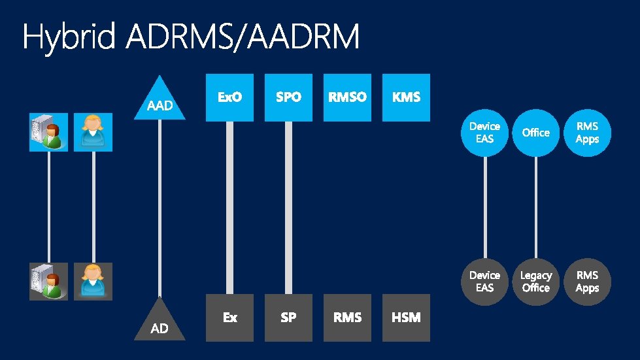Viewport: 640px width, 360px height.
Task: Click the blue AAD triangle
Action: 160,102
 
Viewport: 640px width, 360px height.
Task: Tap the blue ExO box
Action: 229,97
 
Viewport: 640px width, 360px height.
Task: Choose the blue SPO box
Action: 288,97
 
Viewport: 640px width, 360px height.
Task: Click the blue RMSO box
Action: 347,97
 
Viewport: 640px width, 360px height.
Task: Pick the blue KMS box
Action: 406,97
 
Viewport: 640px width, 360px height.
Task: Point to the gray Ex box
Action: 229,318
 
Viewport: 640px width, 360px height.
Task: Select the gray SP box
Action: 288,318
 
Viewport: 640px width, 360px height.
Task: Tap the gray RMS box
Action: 347,318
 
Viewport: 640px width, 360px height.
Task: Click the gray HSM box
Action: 406,318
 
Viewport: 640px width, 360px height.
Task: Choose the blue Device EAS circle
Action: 484,133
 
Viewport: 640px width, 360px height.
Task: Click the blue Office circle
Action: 536,133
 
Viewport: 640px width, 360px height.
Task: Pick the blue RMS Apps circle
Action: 587,133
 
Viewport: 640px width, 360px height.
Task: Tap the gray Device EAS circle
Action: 484,282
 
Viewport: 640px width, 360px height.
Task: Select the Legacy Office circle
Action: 536,282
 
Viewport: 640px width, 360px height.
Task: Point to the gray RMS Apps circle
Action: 587,282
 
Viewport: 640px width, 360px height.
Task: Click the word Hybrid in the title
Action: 69,38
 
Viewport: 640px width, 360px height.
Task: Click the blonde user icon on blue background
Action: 93,133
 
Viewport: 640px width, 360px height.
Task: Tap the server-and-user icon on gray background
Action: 48,282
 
